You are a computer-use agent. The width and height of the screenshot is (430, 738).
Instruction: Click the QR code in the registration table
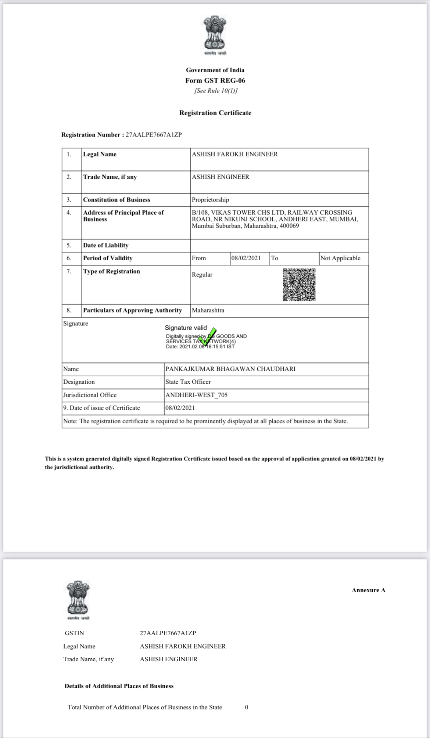point(299,285)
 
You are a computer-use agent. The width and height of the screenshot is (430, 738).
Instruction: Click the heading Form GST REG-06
point(215,80)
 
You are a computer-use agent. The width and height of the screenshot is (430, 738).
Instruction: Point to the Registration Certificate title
point(215,113)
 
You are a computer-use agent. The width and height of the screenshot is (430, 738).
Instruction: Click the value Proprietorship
point(210,200)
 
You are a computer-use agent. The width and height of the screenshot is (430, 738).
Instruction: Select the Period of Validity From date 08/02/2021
point(246,258)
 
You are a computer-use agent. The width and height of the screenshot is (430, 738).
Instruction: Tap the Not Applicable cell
point(340,258)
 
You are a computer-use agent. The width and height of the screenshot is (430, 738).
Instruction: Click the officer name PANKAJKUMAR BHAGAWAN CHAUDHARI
point(230,369)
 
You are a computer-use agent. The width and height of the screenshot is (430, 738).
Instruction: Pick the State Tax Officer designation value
point(188,382)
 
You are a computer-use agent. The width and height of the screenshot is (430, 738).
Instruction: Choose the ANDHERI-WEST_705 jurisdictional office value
point(196,395)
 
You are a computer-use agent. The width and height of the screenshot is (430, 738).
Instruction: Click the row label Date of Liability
point(106,245)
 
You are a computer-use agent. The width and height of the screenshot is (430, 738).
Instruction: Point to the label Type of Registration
point(111,271)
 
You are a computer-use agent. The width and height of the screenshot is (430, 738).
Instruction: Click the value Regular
point(202,275)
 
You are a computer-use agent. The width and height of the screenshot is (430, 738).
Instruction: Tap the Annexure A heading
point(368,590)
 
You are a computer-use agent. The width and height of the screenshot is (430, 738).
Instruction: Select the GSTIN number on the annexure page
point(168,633)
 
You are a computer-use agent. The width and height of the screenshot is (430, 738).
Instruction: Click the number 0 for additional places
point(247,707)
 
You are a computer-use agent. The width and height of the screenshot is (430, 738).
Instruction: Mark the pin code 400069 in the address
point(289,226)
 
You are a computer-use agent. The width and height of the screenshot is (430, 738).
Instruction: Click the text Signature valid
point(186,328)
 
